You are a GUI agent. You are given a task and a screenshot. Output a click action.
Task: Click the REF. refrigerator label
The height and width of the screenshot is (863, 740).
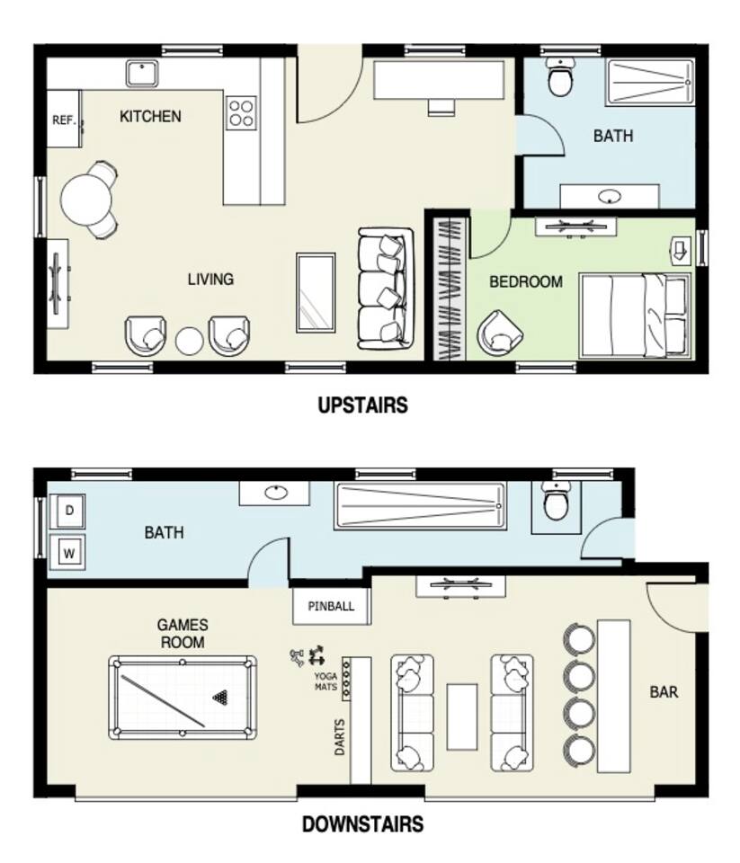click(64, 120)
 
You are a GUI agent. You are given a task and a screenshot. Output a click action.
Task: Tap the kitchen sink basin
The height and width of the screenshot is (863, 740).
click(142, 74)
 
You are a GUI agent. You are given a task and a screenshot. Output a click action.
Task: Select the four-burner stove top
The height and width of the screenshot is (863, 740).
click(241, 113)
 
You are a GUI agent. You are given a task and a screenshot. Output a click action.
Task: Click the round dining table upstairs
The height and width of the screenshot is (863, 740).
click(86, 200)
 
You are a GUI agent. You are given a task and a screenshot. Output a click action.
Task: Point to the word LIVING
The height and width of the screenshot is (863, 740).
click(210, 279)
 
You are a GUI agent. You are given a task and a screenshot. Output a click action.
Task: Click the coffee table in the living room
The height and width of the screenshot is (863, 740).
click(316, 293)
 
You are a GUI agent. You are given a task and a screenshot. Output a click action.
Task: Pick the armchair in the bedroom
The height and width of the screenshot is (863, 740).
click(500, 332)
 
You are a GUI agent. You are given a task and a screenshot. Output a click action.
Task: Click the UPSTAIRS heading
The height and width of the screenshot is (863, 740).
click(363, 405)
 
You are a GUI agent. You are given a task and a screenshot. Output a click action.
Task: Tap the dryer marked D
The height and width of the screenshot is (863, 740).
click(69, 511)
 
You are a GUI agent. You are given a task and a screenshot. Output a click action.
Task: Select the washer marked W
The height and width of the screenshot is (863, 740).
click(68, 552)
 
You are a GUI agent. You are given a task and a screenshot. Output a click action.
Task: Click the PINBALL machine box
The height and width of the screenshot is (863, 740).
click(331, 606)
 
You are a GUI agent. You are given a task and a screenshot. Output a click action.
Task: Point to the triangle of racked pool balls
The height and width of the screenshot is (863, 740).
click(220, 698)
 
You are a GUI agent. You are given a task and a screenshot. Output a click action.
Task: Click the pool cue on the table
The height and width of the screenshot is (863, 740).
click(163, 700)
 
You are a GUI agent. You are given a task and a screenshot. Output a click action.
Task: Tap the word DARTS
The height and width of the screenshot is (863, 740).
click(340, 736)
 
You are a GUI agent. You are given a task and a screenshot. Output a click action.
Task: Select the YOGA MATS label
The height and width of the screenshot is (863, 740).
click(326, 681)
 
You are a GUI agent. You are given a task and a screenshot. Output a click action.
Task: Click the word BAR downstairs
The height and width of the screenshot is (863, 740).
click(664, 692)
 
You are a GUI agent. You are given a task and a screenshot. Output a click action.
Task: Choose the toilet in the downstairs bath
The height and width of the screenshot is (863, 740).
click(555, 501)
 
